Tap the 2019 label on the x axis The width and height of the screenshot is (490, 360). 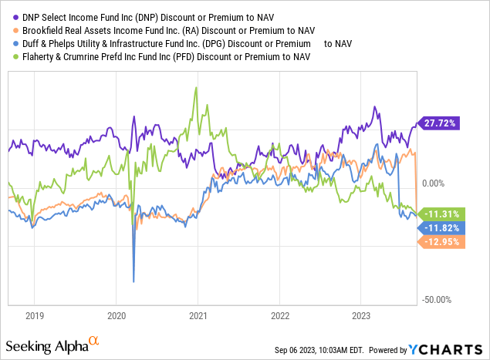tap(34, 315)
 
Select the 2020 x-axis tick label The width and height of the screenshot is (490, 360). tap(116, 315)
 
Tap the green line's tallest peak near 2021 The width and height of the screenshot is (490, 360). tap(197, 87)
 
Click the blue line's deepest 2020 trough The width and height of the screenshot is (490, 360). tap(133, 281)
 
